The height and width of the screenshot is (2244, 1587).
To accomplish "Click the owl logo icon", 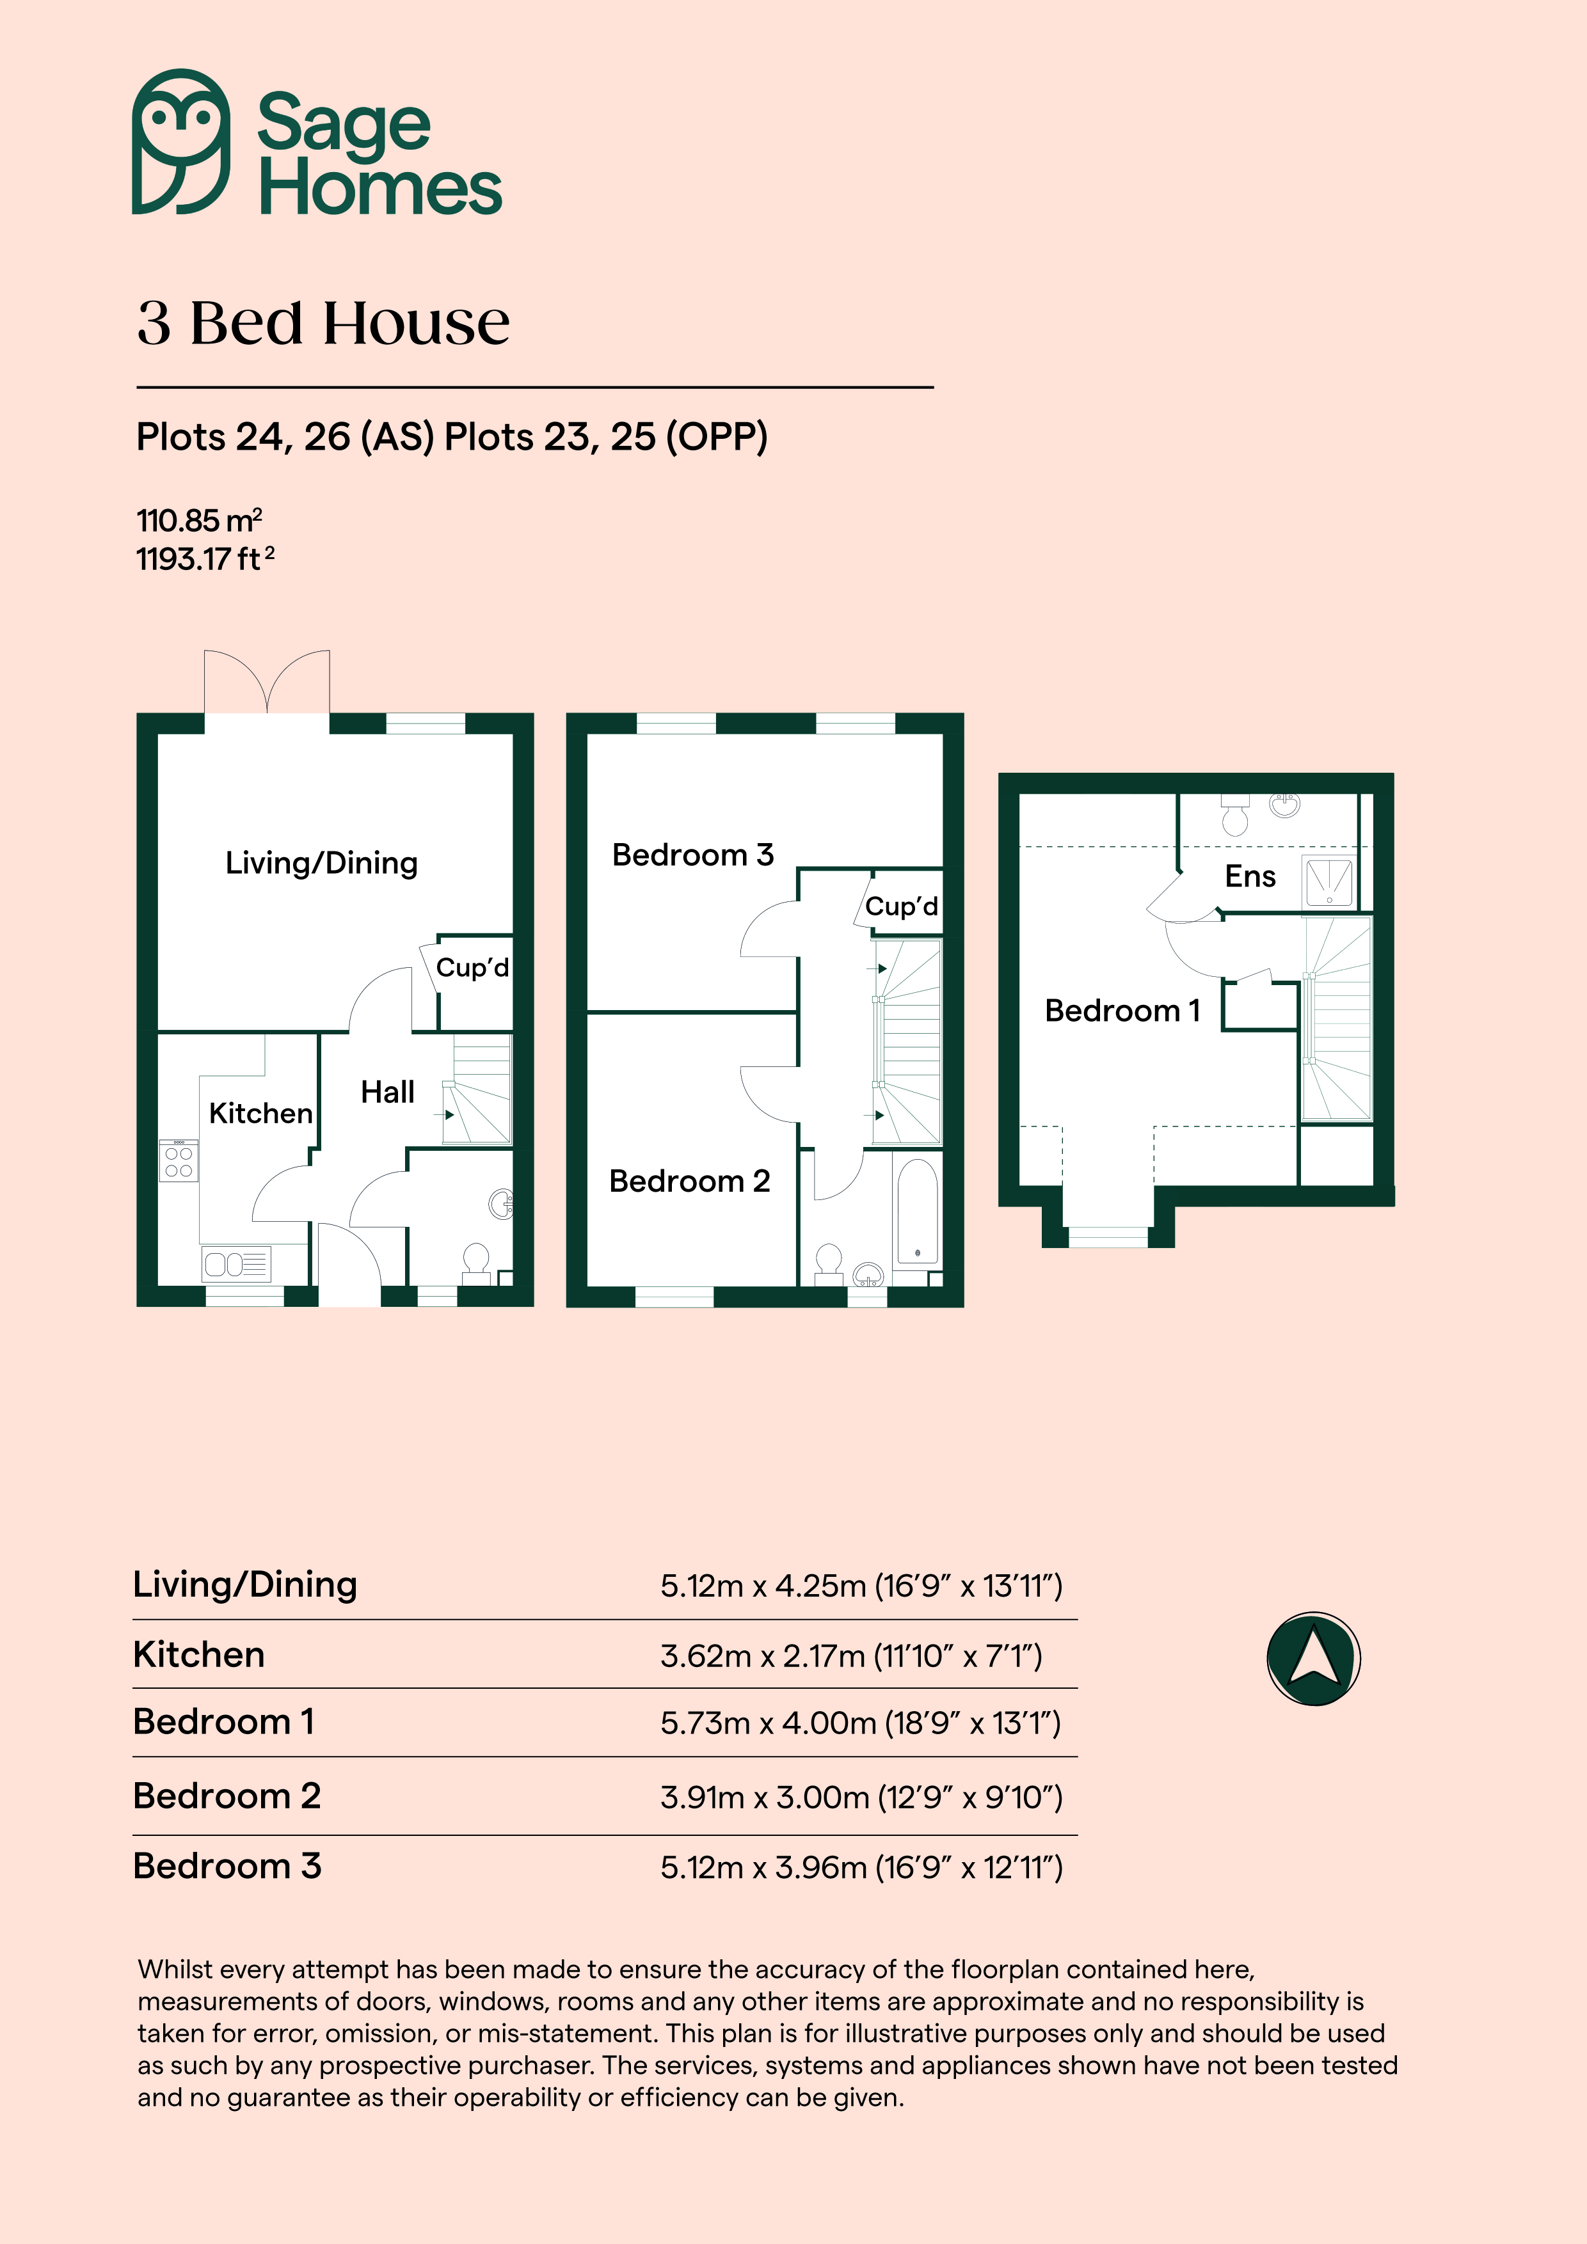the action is coord(181,142).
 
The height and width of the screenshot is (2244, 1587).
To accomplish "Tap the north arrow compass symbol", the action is coord(1313,1659).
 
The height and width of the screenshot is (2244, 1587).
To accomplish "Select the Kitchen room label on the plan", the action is coord(260,1113).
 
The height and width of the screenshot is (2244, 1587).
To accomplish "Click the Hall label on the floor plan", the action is coord(387,1092).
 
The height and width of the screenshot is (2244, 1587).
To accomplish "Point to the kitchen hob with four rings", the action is coord(179,1160).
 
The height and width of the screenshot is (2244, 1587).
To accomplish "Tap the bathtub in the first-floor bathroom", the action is coord(917,1213).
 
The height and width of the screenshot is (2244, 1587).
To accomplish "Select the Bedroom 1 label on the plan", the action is coord(1122,1011).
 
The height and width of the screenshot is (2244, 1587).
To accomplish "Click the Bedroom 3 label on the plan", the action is coord(692,855).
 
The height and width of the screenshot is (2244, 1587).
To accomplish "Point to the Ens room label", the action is coord(1250,877).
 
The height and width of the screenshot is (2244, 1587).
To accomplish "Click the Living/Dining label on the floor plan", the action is coord(322,863).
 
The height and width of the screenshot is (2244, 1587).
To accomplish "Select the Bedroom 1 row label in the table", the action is coord(224,1722).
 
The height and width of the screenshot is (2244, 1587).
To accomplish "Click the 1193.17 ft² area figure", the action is coord(205,559).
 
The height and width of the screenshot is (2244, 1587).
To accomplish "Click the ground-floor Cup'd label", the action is coord(472,968).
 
